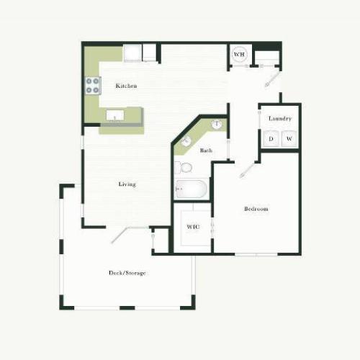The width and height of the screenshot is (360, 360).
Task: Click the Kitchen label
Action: (126, 86)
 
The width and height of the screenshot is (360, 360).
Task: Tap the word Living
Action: (127, 184)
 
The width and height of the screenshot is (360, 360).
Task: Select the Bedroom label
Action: (256, 209)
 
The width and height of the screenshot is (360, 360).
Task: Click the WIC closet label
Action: (192, 227)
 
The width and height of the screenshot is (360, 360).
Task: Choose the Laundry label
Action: (279, 118)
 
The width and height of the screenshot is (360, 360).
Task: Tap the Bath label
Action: (206, 150)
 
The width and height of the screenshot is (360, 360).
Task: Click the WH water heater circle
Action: (240, 54)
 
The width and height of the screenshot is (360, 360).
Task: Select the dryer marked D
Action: (271, 138)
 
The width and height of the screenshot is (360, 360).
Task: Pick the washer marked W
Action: (289, 138)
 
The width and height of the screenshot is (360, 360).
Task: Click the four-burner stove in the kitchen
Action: (93, 86)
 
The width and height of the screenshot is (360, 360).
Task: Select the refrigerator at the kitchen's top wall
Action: (132, 53)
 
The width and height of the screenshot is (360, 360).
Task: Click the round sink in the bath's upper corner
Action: (216, 125)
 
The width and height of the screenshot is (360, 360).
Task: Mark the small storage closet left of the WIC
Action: (161, 240)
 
